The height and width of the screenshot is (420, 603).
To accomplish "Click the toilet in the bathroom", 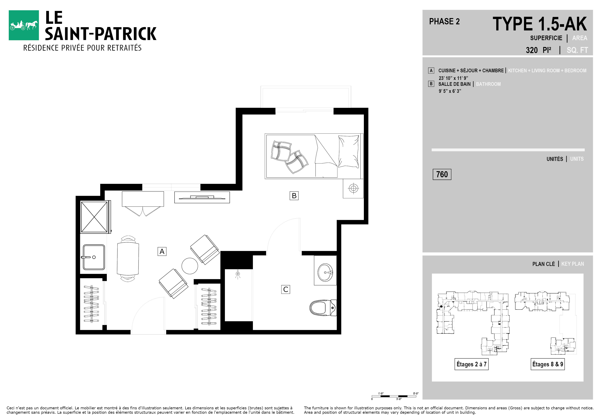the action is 323,308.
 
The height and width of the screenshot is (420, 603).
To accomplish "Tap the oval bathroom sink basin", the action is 325,273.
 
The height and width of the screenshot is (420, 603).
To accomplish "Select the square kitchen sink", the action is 94,257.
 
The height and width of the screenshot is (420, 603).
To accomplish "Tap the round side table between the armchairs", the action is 190,266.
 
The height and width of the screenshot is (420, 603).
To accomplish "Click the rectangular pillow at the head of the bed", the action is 348,151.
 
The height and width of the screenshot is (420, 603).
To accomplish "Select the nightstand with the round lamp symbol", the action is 353,188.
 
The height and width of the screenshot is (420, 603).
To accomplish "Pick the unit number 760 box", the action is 442,174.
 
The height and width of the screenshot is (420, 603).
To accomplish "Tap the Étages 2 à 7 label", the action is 471,364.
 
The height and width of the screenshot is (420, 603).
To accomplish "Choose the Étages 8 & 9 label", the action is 548,364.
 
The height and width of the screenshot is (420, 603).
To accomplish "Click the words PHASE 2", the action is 444,21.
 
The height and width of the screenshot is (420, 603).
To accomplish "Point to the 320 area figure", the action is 532,50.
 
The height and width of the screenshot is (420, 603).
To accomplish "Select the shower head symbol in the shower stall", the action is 238,274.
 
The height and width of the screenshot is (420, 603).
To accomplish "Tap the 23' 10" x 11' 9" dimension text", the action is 453,78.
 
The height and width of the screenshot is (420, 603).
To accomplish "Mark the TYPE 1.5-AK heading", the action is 540,24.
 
